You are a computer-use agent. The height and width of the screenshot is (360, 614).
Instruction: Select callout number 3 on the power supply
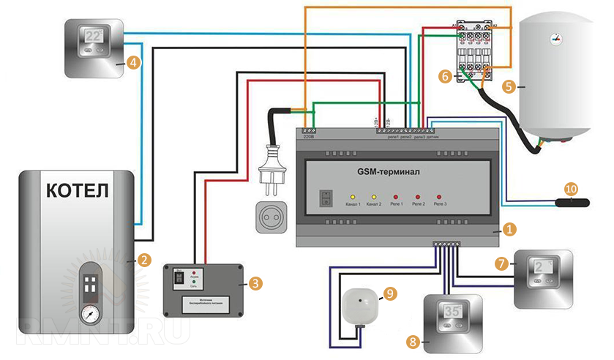(x=254, y=282)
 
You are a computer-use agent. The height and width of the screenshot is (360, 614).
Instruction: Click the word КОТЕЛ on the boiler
(x=78, y=191)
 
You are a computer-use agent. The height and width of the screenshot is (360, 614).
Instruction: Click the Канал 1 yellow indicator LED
(x=351, y=197)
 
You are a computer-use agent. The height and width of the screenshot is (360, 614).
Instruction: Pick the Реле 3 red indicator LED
(x=439, y=197)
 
